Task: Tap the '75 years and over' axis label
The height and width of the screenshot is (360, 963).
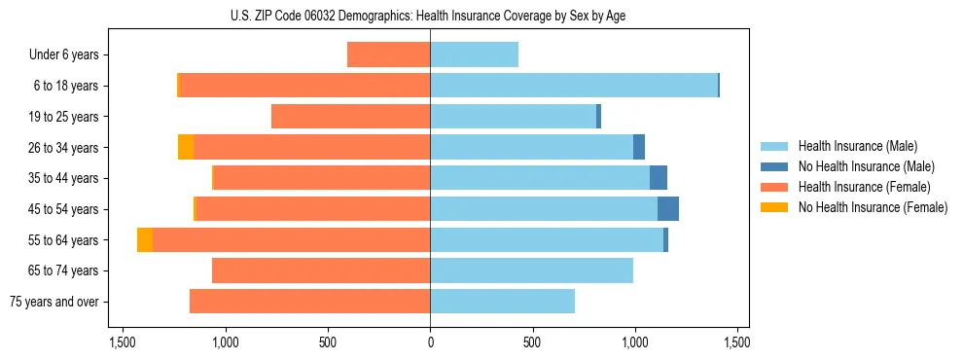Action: click(54, 302)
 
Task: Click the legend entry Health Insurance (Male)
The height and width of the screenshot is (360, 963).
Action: click(855, 146)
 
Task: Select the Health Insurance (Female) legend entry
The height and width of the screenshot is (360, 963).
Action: click(863, 187)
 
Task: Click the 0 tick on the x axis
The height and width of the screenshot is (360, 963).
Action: click(430, 342)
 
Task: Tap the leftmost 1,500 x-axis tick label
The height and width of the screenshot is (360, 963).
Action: click(123, 342)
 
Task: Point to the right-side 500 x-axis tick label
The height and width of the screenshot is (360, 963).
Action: click(532, 342)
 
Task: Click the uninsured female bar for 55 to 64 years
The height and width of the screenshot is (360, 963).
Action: click(145, 240)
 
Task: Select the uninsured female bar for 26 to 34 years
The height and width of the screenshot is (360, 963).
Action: click(186, 148)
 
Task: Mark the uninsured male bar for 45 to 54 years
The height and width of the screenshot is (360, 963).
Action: click(668, 209)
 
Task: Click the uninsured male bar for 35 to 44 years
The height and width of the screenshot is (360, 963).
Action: click(659, 178)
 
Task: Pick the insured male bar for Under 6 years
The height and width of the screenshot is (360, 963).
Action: click(474, 55)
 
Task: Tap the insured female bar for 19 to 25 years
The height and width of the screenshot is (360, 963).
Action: click(350, 117)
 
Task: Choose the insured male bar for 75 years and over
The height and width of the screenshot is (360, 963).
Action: click(502, 302)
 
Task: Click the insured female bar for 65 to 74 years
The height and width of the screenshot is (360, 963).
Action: click(321, 270)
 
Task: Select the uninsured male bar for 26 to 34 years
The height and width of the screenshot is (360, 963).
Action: click(639, 148)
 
